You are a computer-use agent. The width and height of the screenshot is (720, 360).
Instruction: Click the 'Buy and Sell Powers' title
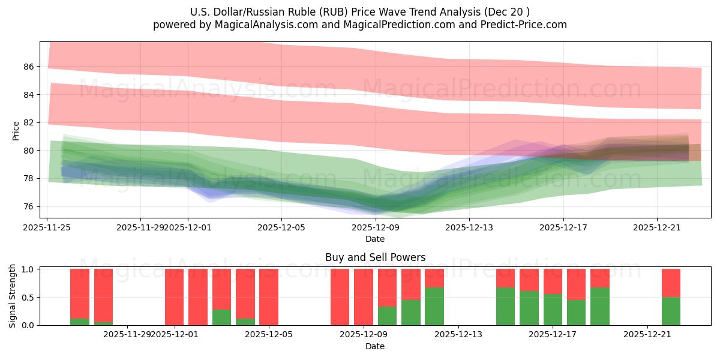tap(375, 257)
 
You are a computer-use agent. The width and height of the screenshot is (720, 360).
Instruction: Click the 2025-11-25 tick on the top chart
tap(47, 227)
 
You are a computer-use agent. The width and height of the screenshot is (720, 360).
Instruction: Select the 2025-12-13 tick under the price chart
tap(469, 227)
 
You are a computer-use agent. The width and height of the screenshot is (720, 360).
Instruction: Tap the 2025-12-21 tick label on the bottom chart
tap(647, 334)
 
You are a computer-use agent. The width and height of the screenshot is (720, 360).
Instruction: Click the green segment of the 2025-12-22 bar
tap(671, 311)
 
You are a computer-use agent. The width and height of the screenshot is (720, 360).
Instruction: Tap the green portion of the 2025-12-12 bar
tap(434, 307)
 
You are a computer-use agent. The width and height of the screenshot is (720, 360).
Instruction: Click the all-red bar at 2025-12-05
tap(269, 297)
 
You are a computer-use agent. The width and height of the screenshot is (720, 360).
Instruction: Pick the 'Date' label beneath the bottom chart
tap(375, 346)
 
